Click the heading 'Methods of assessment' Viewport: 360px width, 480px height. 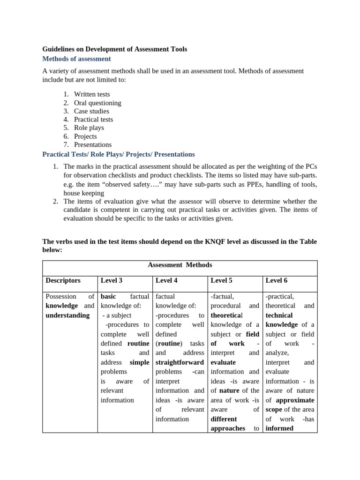76,59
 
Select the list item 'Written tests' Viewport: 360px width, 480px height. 92,94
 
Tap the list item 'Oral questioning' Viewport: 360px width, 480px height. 97,103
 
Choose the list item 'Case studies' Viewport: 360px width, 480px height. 91,111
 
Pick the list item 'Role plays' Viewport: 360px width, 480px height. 89,127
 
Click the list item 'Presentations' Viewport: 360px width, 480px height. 93,144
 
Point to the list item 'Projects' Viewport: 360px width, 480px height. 85,136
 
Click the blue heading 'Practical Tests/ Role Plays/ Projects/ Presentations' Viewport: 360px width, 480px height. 119,154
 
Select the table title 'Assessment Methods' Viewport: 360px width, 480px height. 180,265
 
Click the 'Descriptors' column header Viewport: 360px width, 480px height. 63,280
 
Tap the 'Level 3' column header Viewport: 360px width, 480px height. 112,280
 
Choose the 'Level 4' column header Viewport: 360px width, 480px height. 166,280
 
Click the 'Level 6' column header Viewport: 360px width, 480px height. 276,280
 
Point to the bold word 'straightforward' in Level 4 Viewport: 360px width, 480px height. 180,362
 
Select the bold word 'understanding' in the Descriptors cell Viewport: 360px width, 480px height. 67,315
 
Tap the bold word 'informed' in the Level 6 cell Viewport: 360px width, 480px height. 279,428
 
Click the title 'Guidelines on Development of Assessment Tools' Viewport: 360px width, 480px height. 115,49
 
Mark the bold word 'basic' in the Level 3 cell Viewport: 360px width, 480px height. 108,296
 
